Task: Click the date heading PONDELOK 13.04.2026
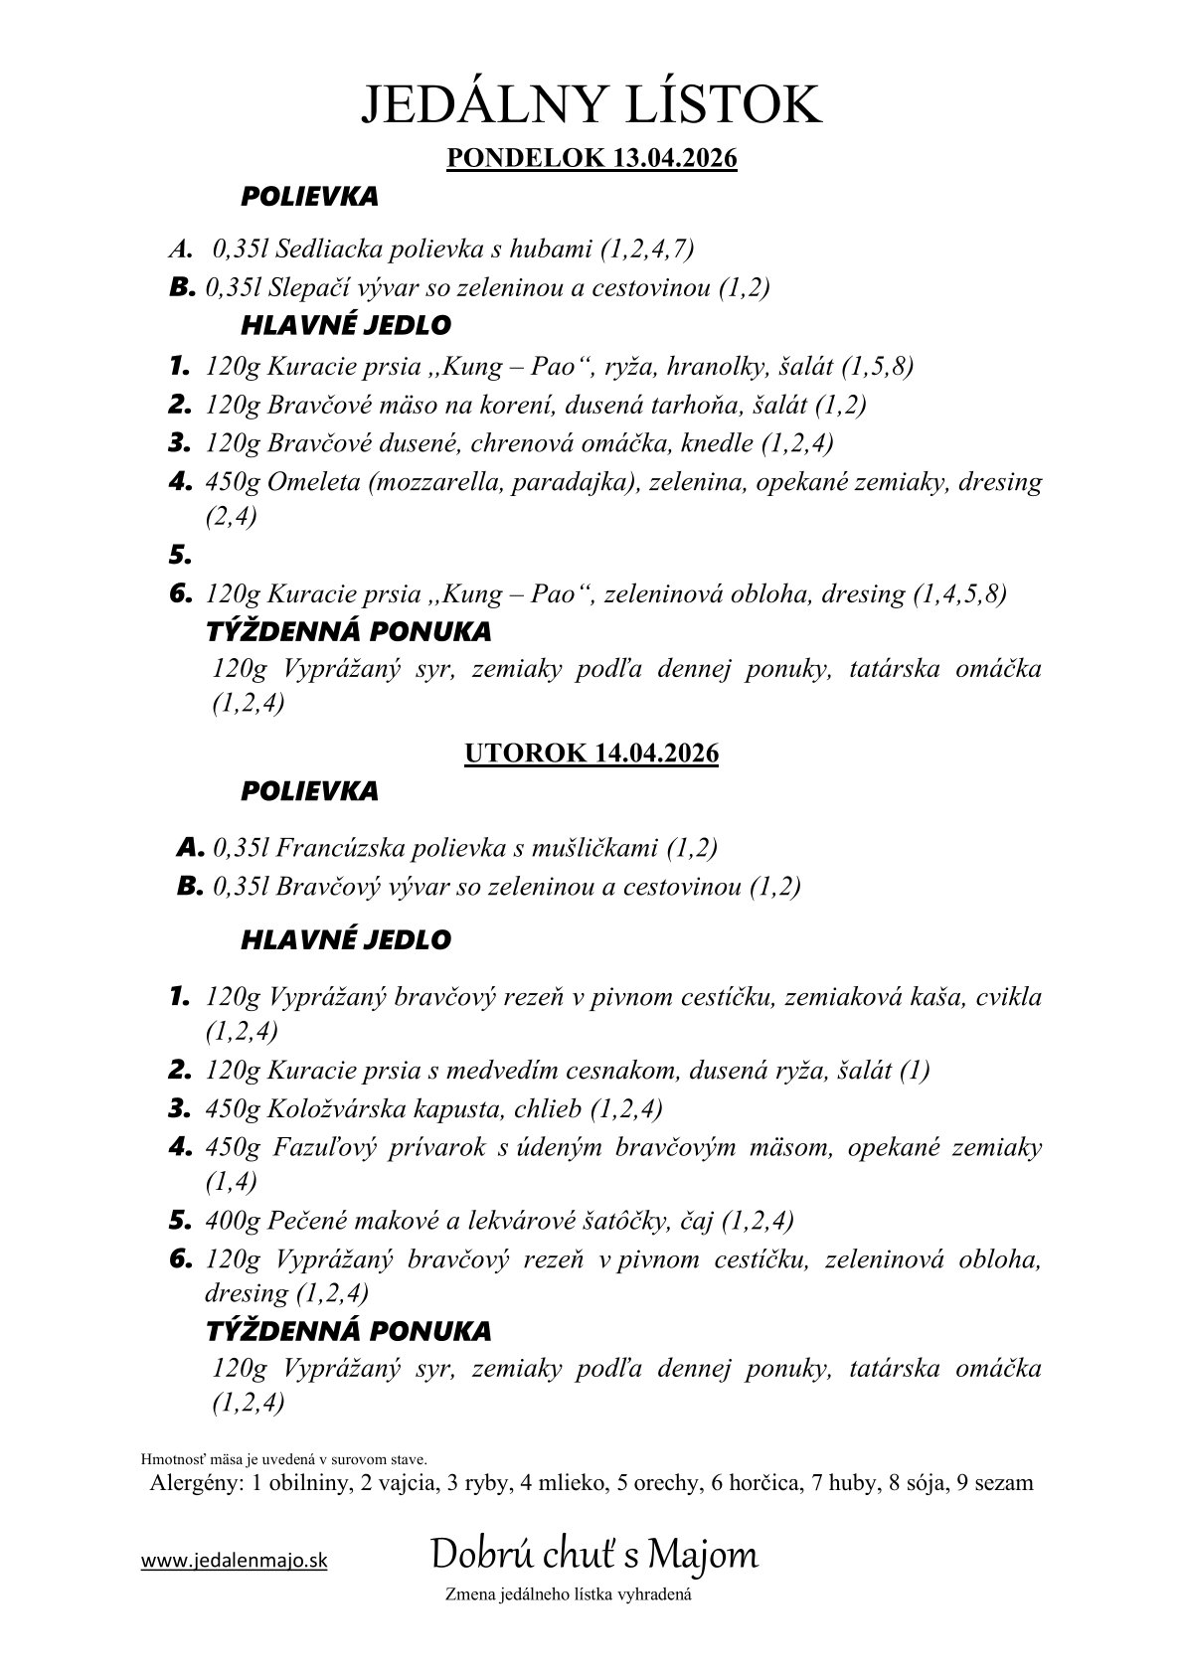[591, 159]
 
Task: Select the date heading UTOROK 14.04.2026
[591, 753]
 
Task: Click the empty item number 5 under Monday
[179, 558]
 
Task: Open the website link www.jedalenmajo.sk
[234, 1561]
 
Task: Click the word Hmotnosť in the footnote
[175, 1460]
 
